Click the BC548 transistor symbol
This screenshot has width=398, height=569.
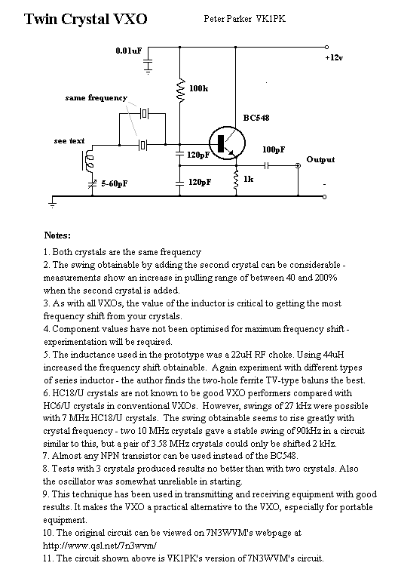coord(228,143)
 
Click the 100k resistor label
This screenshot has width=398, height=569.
coord(199,88)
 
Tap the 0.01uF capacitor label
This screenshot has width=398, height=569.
coord(129,51)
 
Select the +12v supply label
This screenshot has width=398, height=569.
coord(334,57)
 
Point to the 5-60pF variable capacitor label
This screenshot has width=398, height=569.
coord(114,183)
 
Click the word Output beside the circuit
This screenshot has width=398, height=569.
coord(320,160)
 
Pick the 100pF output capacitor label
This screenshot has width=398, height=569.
coord(274,149)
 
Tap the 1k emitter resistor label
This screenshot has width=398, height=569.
coord(248,179)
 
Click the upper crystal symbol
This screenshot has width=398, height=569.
coord(144,114)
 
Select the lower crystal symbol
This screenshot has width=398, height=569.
coord(143,145)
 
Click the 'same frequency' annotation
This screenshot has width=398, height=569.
coord(96,98)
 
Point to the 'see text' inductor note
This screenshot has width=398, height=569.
coord(69,141)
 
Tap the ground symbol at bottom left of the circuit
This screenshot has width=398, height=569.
coord(53,202)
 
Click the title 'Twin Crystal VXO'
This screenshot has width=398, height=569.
coord(85,19)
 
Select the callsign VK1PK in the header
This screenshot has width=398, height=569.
coord(271,19)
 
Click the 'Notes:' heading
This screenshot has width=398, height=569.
coord(57,235)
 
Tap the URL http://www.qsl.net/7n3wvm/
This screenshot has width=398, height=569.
coord(99,546)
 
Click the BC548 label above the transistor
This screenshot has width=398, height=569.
coord(256,118)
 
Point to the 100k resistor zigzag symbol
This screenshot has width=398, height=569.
coord(180,90)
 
